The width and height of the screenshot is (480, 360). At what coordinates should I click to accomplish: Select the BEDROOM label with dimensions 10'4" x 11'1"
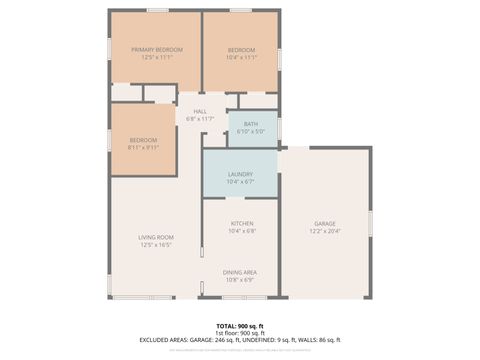pyautogui.click(x=241, y=50)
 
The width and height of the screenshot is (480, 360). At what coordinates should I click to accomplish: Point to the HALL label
pyautogui.click(x=200, y=112)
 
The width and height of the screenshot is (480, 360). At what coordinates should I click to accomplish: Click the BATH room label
pyautogui.click(x=250, y=124)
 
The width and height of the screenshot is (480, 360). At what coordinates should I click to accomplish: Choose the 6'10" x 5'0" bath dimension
pyautogui.click(x=250, y=131)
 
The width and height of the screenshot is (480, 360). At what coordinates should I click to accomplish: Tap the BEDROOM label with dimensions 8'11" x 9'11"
pyautogui.click(x=143, y=140)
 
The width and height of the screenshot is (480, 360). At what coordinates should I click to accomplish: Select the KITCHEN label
pyautogui.click(x=242, y=223)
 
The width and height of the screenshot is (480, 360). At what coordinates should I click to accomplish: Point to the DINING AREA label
pyautogui.click(x=240, y=272)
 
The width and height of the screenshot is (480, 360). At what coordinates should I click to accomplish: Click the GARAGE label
pyautogui.click(x=324, y=224)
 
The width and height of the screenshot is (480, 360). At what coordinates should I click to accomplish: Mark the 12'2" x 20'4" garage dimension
pyautogui.click(x=324, y=231)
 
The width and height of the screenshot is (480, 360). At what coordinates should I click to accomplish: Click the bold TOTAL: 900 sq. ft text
pyautogui.click(x=240, y=326)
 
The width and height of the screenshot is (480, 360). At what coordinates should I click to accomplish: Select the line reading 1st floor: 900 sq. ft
pyautogui.click(x=240, y=333)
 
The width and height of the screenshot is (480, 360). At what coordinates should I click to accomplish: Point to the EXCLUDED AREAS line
pyautogui.click(x=240, y=340)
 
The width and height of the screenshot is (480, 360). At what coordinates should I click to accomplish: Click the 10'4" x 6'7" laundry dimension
pyautogui.click(x=240, y=182)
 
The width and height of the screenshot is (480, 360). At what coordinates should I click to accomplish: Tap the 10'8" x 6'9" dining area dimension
pyautogui.click(x=240, y=279)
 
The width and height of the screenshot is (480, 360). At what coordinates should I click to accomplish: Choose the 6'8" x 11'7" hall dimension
pyautogui.click(x=200, y=119)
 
